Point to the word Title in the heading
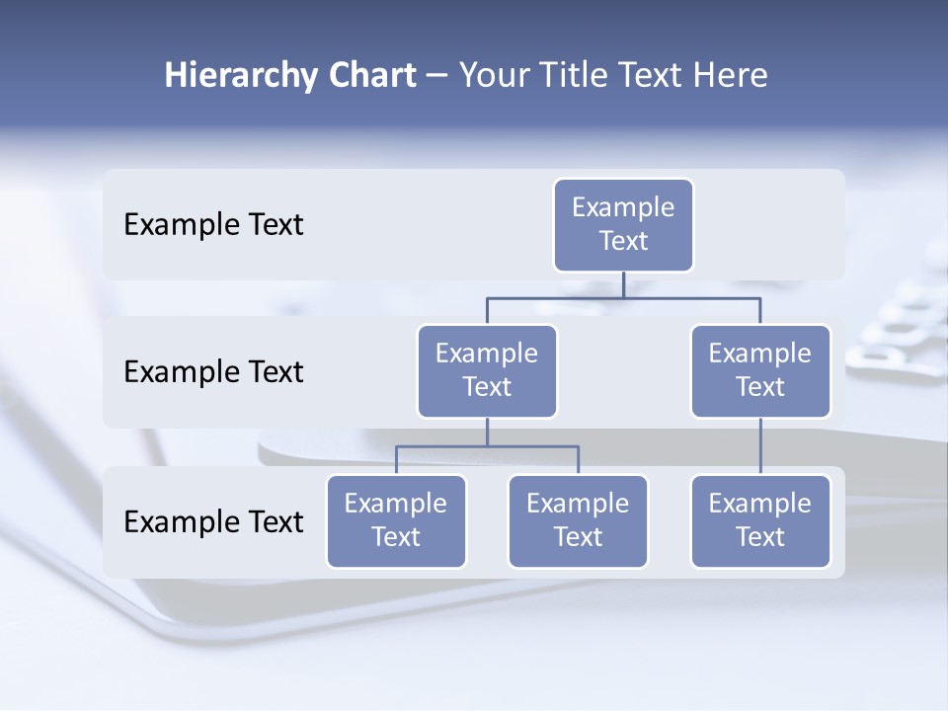(584, 76)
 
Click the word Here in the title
(731, 76)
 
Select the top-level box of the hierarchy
(623, 224)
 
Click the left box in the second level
(487, 370)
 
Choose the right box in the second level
(760, 370)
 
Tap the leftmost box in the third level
(396, 520)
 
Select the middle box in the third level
(578, 520)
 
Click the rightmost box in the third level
(760, 520)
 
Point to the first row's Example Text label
(213, 224)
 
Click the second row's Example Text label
(213, 371)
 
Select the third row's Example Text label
(213, 521)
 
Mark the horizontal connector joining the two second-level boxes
(691, 297)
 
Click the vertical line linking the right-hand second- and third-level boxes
(760, 446)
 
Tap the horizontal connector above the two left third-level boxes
(533, 446)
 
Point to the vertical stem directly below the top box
(623, 284)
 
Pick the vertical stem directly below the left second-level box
(487, 432)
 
